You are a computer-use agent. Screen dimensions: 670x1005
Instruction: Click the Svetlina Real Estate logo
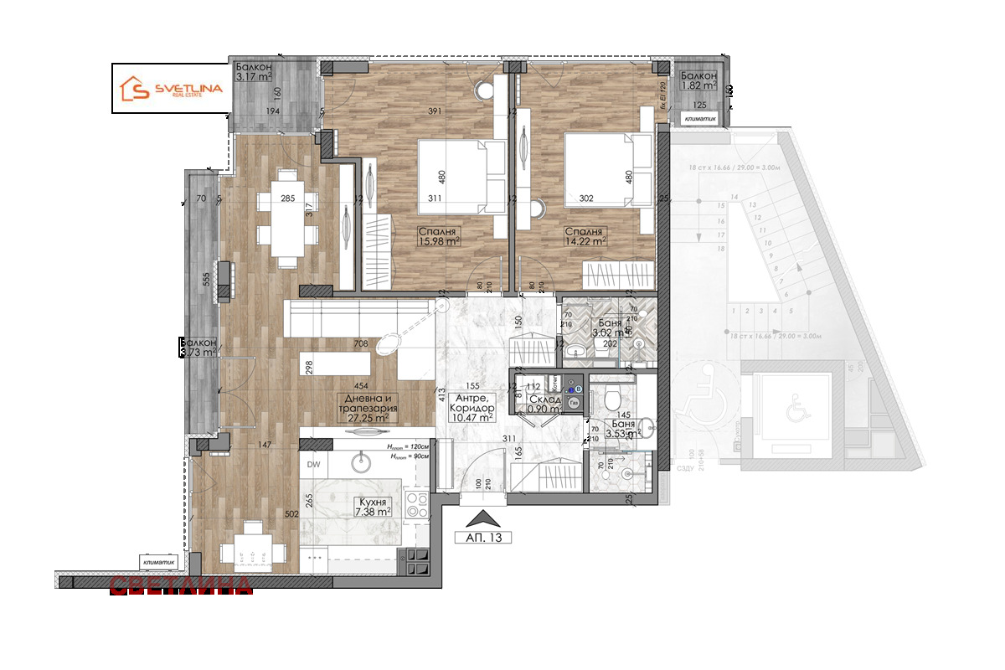pyautogui.click(x=171, y=89)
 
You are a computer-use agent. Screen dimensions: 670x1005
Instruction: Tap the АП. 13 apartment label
pyautogui.click(x=482, y=538)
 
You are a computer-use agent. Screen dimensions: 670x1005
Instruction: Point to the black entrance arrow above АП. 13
pyautogui.click(x=482, y=518)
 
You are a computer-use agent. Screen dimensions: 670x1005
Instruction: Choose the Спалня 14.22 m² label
pyautogui.click(x=584, y=237)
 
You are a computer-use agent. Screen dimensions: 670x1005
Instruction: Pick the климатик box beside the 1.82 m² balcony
pyautogui.click(x=699, y=119)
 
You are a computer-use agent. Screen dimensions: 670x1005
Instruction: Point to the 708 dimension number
pyautogui.click(x=362, y=343)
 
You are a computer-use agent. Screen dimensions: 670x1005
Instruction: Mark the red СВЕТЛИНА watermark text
pyautogui.click(x=180, y=585)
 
